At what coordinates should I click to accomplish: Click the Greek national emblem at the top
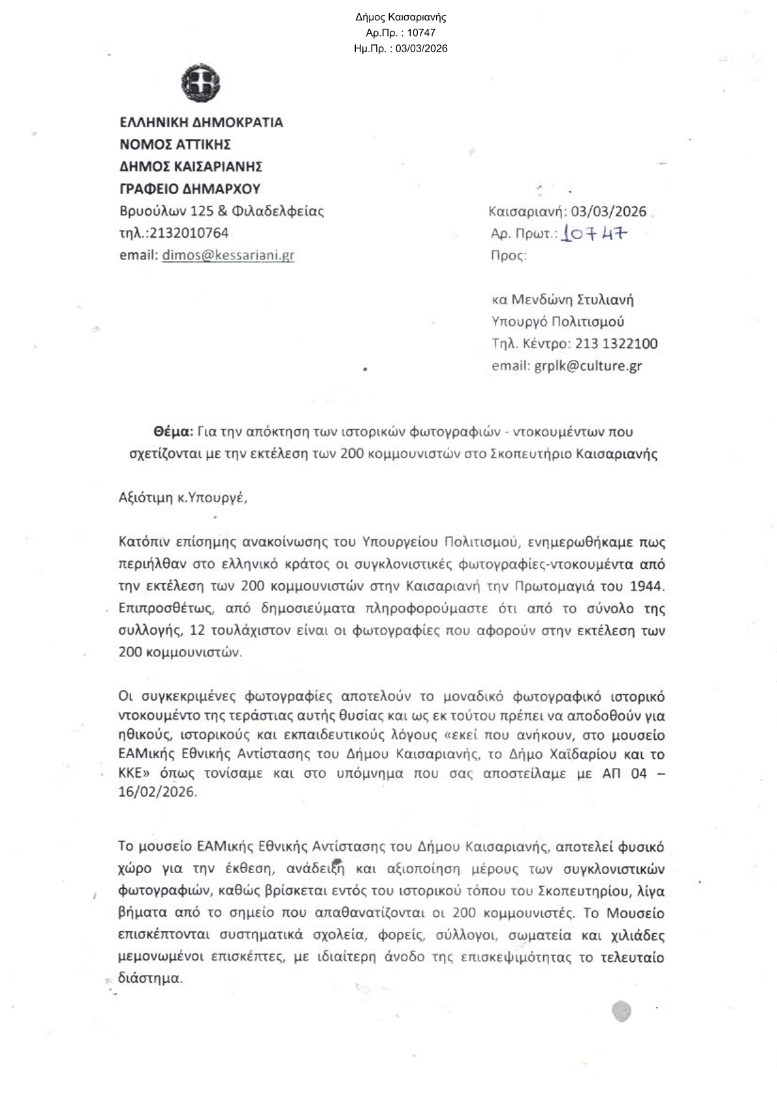[200, 84]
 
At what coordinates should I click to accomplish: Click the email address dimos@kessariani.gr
[228, 255]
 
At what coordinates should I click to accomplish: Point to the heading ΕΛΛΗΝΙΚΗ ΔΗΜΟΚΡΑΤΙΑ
[201, 122]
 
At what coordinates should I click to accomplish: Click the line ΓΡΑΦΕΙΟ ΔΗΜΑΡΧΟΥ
[189, 189]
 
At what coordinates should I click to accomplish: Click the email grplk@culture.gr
[588, 366]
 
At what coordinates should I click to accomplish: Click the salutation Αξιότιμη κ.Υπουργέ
[183, 498]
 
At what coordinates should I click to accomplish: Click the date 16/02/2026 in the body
[157, 791]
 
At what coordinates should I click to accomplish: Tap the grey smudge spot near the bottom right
[621, 1011]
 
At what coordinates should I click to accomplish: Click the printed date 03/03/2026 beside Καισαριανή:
[609, 212]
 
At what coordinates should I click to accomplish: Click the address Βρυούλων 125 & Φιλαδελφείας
[221, 211]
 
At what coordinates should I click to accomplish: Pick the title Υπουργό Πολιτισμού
[558, 321]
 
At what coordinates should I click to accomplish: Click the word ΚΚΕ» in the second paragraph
[134, 774]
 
